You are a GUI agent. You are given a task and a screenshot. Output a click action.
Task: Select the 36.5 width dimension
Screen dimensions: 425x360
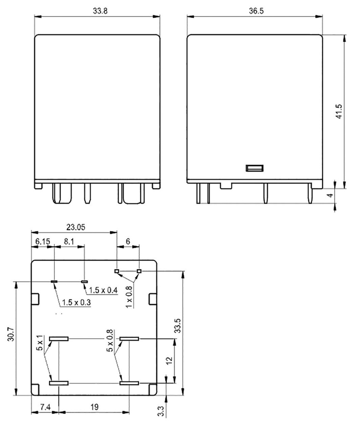coord(256,12)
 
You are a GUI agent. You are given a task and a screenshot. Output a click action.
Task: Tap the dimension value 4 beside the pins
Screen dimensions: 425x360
coord(331,195)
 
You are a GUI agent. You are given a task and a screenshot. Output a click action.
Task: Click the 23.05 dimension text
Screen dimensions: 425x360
coord(75,227)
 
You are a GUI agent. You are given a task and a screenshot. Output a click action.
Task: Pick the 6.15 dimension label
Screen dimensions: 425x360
coord(42,241)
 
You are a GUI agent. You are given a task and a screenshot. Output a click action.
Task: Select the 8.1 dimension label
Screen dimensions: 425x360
coord(69,241)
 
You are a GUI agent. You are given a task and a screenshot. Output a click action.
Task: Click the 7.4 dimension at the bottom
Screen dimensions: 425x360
coord(45,407)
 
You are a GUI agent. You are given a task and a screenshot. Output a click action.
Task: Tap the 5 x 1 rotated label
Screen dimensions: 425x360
coord(40,342)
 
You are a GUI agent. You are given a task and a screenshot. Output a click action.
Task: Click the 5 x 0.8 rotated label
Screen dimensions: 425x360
coord(110,341)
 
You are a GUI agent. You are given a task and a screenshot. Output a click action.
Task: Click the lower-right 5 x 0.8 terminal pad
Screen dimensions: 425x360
coord(129,383)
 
